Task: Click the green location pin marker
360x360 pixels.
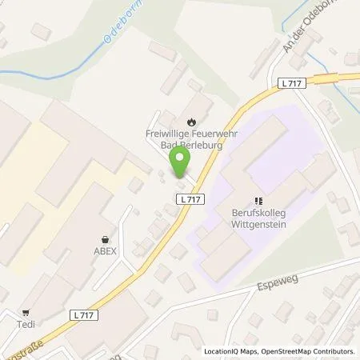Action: (x=180, y=163)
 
